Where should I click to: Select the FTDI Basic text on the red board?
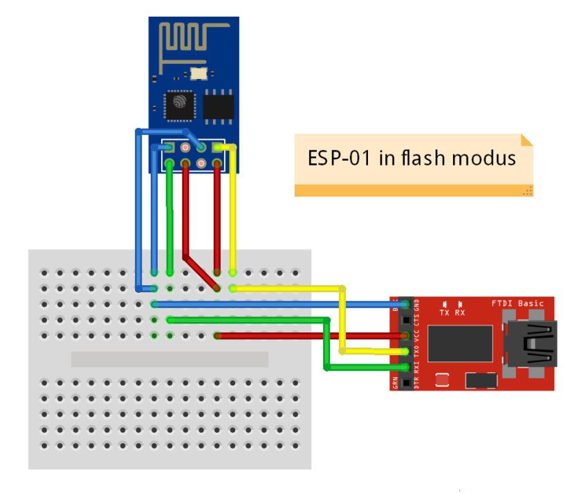point(517,304)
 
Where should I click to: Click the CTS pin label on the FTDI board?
point(416,320)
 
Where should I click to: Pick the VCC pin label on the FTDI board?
point(416,337)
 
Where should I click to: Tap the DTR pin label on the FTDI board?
point(416,382)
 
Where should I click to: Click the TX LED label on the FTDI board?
point(445,312)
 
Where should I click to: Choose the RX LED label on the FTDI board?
point(460,312)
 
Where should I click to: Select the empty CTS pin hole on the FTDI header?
point(405,320)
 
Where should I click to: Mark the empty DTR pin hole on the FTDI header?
point(405,382)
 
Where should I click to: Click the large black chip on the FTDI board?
point(459,343)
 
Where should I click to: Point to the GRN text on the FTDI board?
point(396,383)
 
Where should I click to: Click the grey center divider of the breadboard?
point(169,359)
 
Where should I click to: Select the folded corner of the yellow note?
point(526,140)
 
